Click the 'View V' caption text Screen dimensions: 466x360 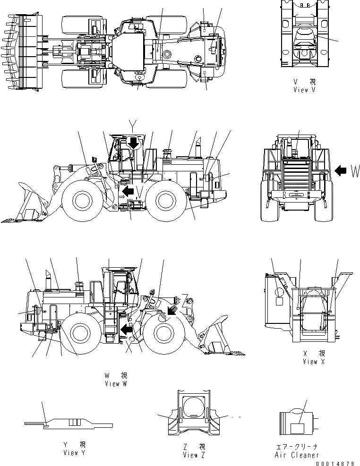304,90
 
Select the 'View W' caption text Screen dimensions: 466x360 116,384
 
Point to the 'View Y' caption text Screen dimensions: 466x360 74,453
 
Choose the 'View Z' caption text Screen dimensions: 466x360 194,455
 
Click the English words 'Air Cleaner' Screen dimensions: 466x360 297,455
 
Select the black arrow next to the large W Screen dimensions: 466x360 341,171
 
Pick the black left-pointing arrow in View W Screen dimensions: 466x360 126,328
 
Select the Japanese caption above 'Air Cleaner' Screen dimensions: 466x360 297,446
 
